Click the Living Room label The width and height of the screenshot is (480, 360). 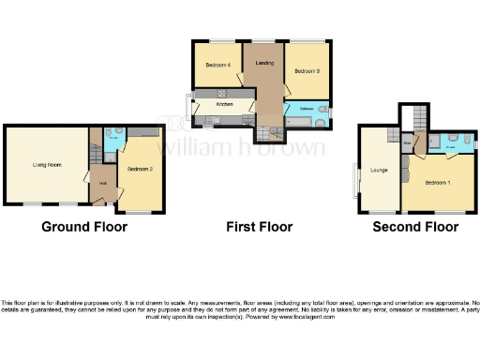pyautogui.click(x=47, y=165)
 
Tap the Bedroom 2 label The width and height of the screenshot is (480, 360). pyautogui.click(x=139, y=169)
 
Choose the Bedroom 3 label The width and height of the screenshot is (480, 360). pyautogui.click(x=307, y=72)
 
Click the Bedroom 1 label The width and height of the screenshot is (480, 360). pyautogui.click(x=437, y=182)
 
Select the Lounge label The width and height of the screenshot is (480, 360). pyautogui.click(x=380, y=170)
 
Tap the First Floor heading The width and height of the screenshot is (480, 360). pyautogui.click(x=260, y=227)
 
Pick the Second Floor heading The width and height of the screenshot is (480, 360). pyautogui.click(x=415, y=227)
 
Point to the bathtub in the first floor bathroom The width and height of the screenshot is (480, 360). pyautogui.click(x=303, y=119)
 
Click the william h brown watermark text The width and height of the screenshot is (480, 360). pyautogui.click(x=242, y=146)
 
